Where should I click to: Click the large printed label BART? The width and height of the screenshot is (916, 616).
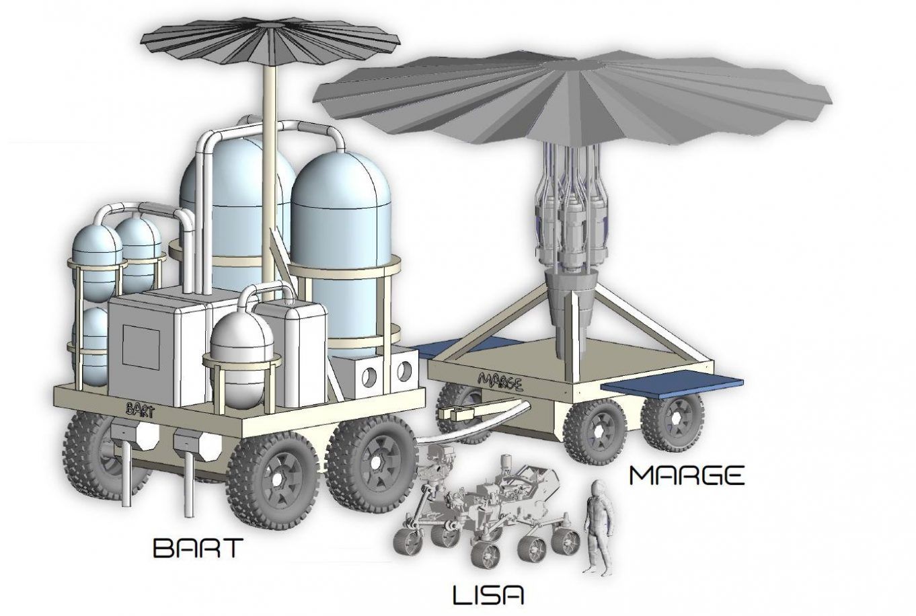[197, 547]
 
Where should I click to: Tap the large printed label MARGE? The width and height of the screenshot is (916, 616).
[686, 475]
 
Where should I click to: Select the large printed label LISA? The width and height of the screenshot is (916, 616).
[488, 595]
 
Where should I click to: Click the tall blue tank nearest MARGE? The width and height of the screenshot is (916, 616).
[343, 249]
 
